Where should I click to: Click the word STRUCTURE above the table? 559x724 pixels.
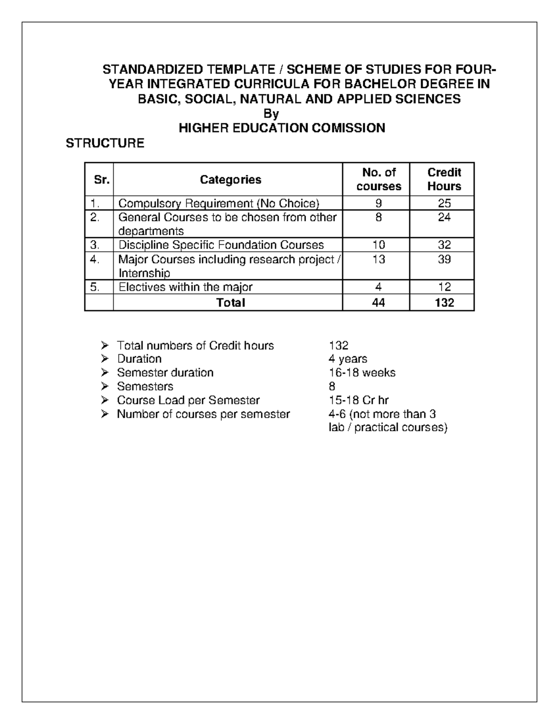tap(105, 143)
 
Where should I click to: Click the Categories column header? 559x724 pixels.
tap(231, 179)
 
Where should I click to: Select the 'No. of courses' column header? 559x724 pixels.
tap(378, 179)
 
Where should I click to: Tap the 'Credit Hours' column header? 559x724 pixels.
tap(444, 179)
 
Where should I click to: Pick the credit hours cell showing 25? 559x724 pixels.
tap(444, 203)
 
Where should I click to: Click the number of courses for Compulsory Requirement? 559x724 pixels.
tap(378, 203)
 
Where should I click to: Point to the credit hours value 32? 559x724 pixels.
tap(444, 245)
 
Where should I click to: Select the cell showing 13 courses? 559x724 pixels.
tap(378, 260)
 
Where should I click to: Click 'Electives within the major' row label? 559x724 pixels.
tap(185, 287)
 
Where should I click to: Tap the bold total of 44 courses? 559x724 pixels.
tap(378, 303)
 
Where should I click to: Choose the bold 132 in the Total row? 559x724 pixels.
tap(444, 303)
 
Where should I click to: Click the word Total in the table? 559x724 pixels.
tap(231, 303)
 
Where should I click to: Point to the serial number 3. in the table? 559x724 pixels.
tap(95, 245)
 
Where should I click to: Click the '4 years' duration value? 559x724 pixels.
tap(348, 359)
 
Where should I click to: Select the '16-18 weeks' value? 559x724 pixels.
tap(362, 373)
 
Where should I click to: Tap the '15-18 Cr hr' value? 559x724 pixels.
tap(358, 400)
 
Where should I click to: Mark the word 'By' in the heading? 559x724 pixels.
tap(271, 114)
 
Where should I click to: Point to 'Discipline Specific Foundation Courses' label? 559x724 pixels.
tap(221, 245)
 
